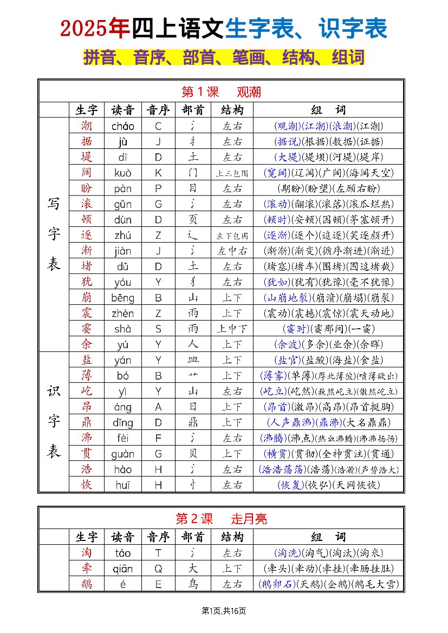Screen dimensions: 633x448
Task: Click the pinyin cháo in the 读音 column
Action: (x=122, y=126)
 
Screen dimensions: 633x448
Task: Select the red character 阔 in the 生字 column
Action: (x=87, y=173)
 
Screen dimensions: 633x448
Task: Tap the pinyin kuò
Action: (x=122, y=173)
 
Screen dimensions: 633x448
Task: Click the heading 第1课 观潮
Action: (x=221, y=92)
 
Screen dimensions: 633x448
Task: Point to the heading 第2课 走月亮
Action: (x=221, y=519)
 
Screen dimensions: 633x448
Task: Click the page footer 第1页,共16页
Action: (x=224, y=611)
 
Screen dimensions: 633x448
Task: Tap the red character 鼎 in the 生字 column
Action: (x=87, y=422)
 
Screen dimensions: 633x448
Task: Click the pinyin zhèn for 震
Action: (x=122, y=313)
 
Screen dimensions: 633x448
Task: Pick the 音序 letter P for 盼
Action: (x=158, y=189)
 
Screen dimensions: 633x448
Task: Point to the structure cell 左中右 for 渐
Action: (x=232, y=251)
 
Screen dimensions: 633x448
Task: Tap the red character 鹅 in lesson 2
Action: (x=87, y=584)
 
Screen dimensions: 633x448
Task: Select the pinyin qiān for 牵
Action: (x=122, y=569)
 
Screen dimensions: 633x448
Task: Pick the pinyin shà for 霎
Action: (x=122, y=329)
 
